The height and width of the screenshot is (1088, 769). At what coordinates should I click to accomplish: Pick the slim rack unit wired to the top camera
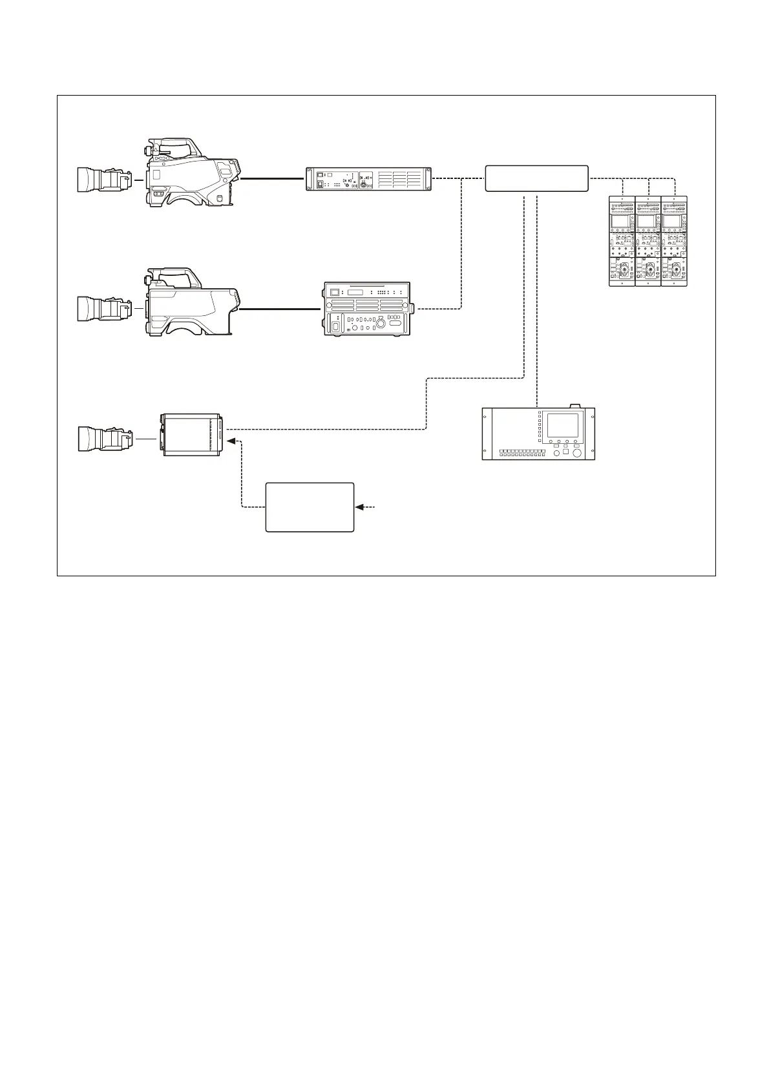[368, 179]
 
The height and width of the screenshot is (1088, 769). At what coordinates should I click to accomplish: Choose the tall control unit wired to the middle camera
[367, 309]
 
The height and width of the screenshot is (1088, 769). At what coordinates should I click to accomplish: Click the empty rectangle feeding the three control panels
[536, 178]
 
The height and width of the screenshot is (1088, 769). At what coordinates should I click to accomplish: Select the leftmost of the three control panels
[622, 240]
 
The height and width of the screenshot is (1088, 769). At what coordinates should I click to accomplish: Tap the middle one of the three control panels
[648, 240]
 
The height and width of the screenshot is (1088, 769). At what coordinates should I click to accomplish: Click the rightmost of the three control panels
[674, 240]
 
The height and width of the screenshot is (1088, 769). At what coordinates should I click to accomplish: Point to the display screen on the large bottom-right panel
[562, 425]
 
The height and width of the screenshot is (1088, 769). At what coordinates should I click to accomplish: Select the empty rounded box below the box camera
[310, 507]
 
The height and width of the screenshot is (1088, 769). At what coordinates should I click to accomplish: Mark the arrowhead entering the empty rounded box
[359, 507]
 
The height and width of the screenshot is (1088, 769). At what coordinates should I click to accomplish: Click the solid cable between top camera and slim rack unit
[271, 179]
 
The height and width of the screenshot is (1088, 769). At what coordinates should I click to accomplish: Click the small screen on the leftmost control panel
[622, 222]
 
